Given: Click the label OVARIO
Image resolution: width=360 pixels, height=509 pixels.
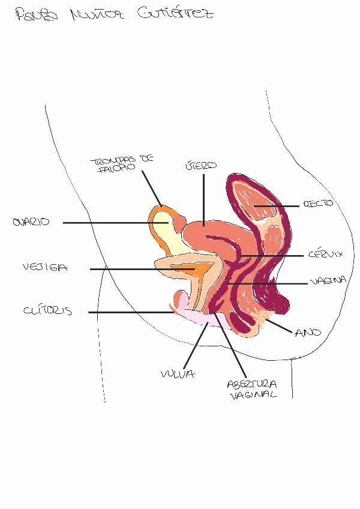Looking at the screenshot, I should [x=31, y=222].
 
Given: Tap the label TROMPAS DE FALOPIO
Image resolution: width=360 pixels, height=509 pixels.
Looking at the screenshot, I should [x=122, y=164].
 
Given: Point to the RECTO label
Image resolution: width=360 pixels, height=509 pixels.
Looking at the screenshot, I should [x=319, y=204].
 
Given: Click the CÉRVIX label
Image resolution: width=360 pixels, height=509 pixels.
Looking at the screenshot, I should [x=326, y=254].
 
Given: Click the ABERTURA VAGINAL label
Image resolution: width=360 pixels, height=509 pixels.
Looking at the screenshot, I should [x=252, y=389].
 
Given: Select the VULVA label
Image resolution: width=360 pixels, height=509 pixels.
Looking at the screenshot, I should [x=178, y=374].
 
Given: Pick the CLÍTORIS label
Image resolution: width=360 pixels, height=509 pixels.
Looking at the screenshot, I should [x=47, y=311].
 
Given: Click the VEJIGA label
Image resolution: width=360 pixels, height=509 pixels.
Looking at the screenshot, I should [x=45, y=268].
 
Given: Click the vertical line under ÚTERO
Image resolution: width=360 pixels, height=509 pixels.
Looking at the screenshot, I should [x=204, y=198].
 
